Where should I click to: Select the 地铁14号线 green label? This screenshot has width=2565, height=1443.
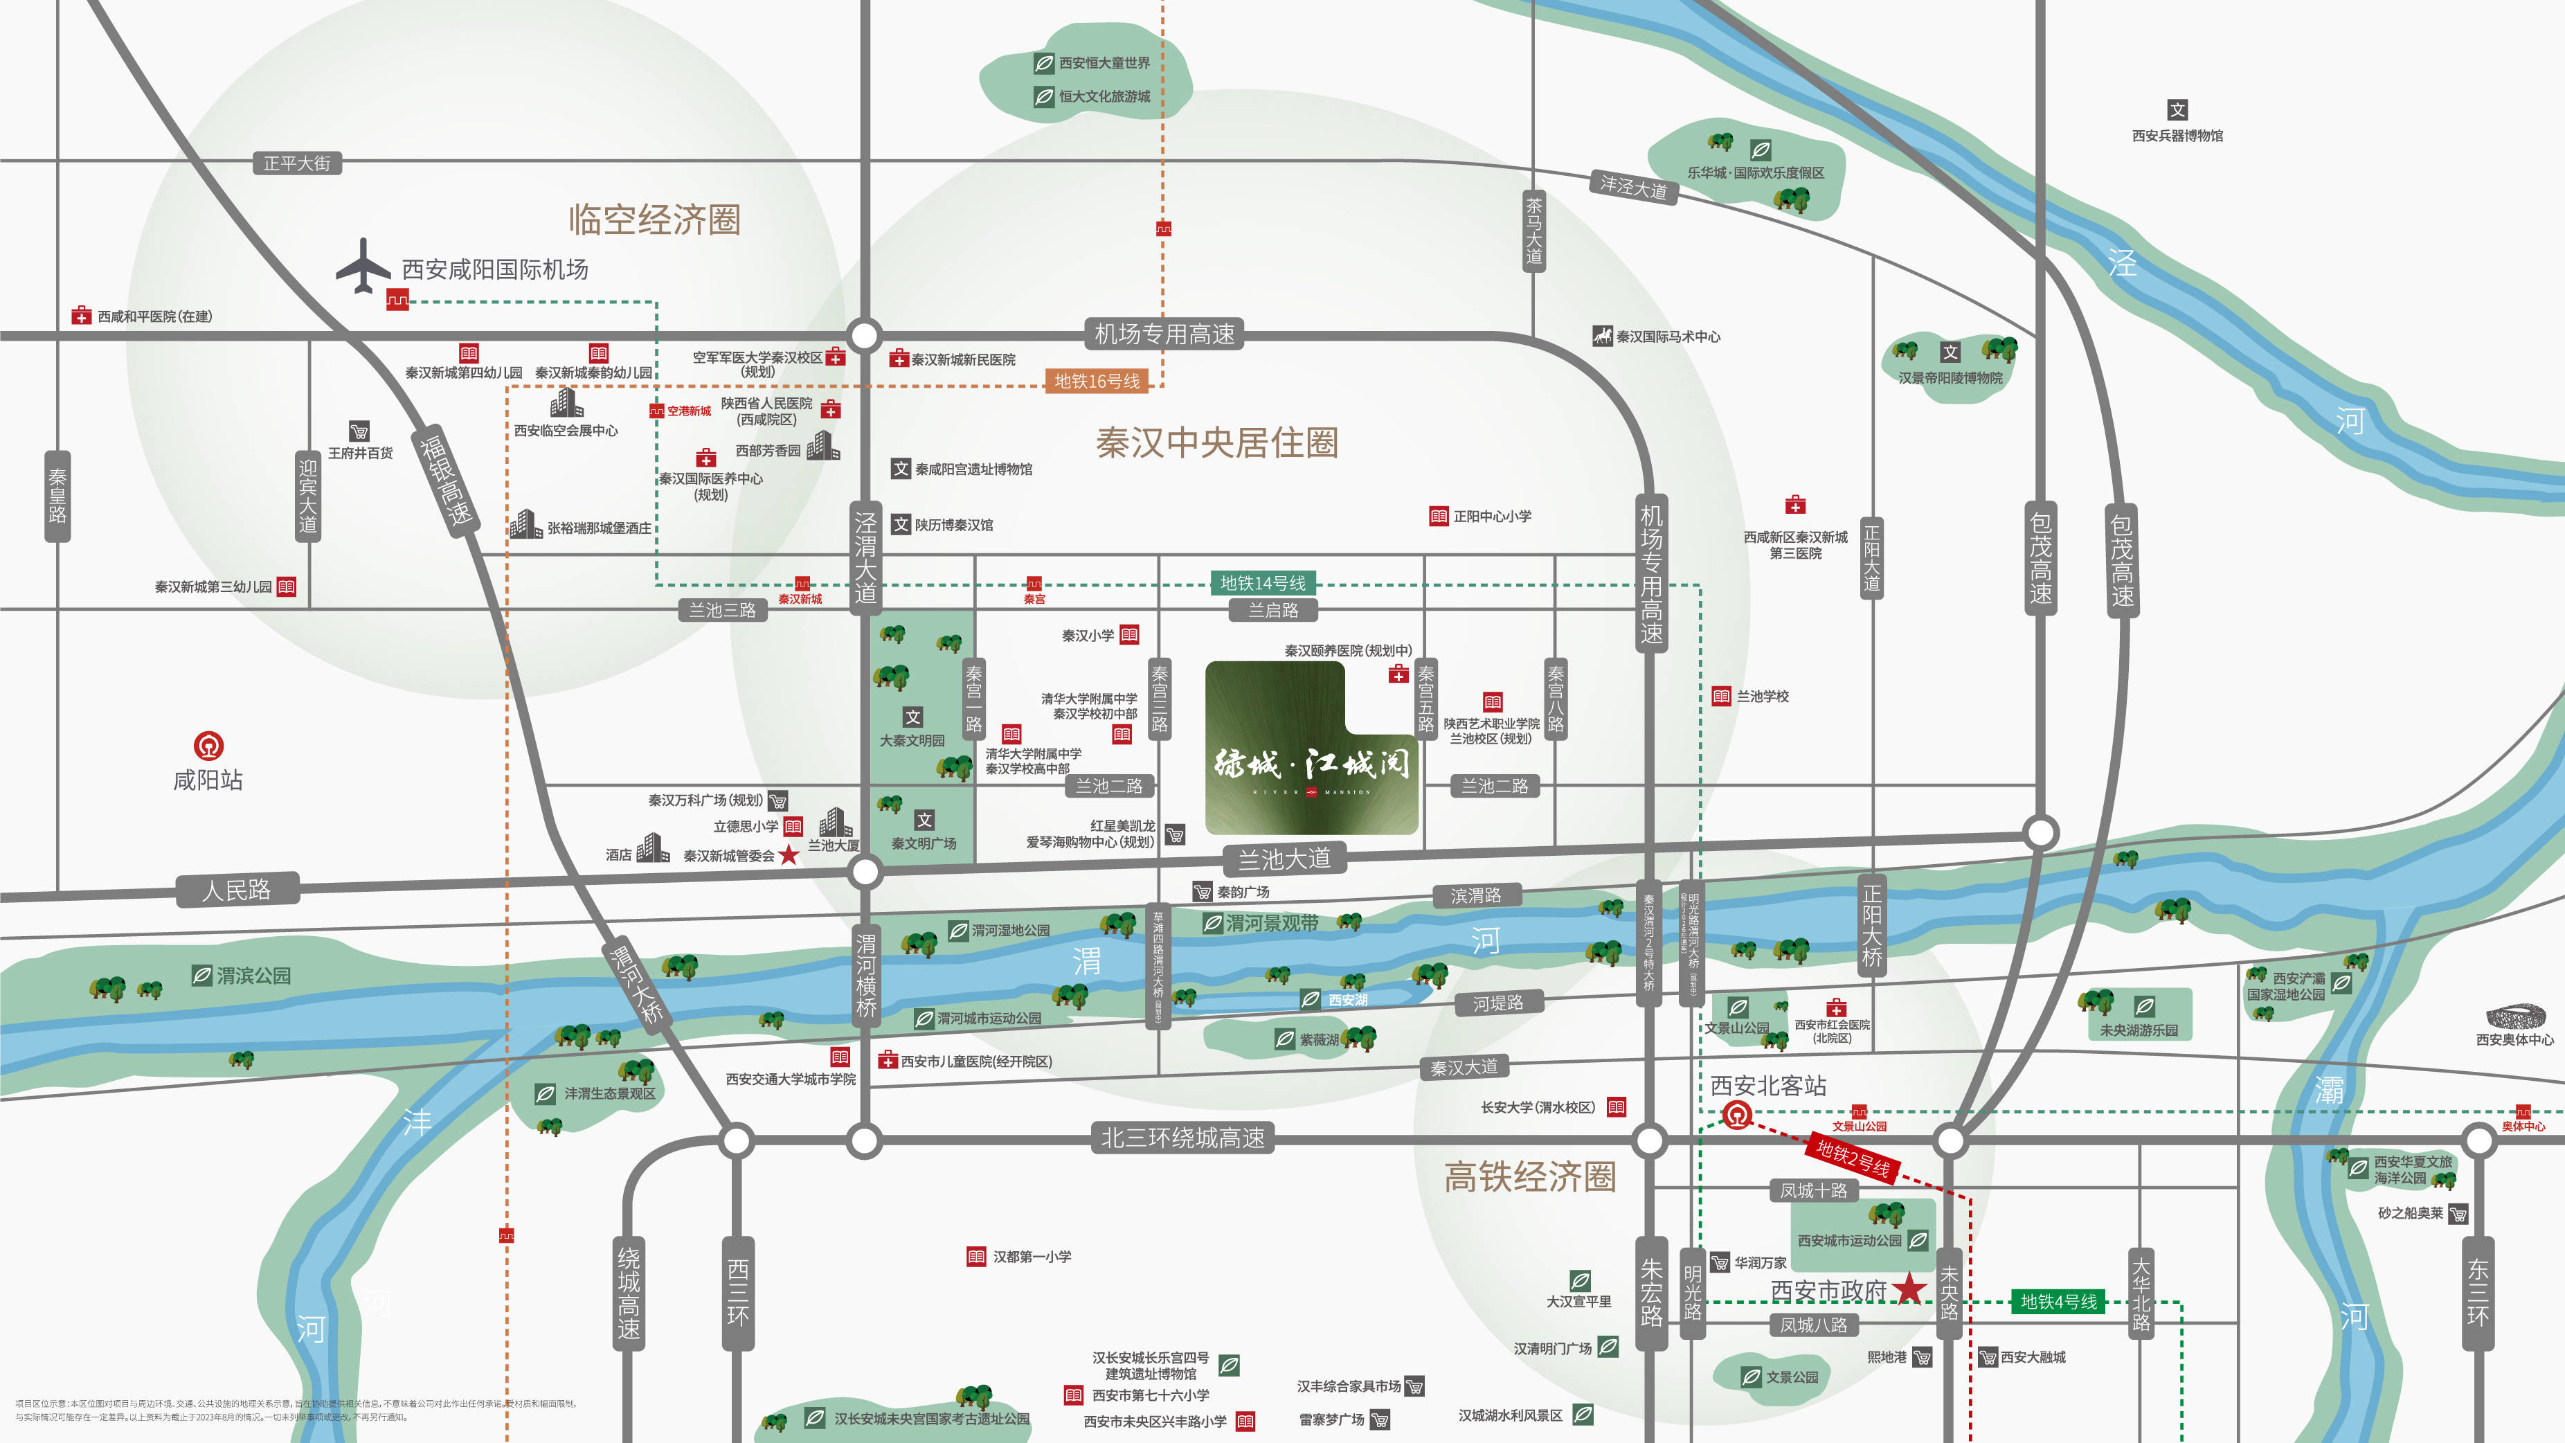click(x=1263, y=582)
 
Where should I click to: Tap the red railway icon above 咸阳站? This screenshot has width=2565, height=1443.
click(x=208, y=745)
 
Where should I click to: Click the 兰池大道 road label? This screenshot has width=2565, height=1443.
click(x=1284, y=859)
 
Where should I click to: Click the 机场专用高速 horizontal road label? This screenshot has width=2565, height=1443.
click(x=1164, y=334)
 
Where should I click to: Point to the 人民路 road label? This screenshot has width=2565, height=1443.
click(x=237, y=889)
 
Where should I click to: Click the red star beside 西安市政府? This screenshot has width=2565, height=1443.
click(x=1909, y=1289)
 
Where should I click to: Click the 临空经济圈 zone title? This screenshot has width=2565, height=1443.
click(x=654, y=219)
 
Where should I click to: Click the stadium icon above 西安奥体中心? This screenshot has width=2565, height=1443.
click(x=2515, y=1016)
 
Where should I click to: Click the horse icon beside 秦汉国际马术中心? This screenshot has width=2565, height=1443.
click(x=1602, y=336)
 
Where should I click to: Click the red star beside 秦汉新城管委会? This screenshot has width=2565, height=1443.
click(x=789, y=854)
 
